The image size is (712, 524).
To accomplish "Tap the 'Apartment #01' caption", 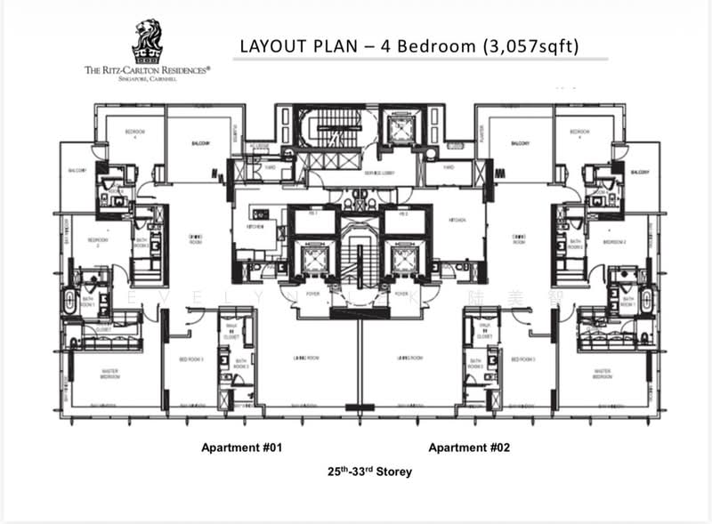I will pos(242,447).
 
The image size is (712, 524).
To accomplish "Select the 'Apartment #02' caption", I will pos(469,447).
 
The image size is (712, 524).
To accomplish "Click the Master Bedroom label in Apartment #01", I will pos(109,374).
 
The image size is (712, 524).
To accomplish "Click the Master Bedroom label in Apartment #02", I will pos(602,374).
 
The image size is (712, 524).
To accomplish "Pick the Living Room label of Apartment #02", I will pos(409,358).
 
